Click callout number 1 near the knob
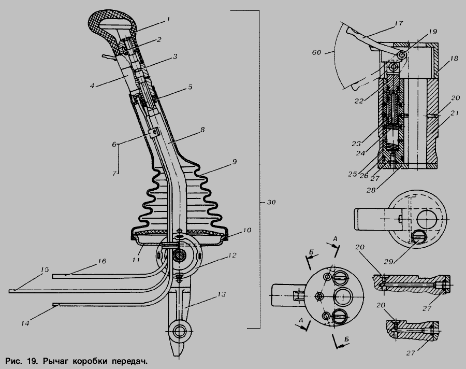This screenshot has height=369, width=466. pyautogui.click(x=168, y=20)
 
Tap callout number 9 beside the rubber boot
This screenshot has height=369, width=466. pyautogui.click(x=235, y=162)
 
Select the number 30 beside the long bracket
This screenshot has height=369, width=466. pyautogui.click(x=271, y=202)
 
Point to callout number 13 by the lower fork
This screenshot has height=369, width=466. pyautogui.click(x=222, y=294)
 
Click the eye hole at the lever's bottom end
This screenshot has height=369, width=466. pyautogui.click(x=179, y=330)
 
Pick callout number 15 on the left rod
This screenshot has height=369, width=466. pyautogui.click(x=45, y=269)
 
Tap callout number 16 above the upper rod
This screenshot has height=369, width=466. pyautogui.click(x=101, y=261)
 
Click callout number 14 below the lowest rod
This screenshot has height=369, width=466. pyautogui.click(x=25, y=323)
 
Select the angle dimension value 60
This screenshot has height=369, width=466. pyautogui.click(x=316, y=52)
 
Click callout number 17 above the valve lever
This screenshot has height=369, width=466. pyautogui.click(x=399, y=23)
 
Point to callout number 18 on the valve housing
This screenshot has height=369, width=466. pyautogui.click(x=454, y=59)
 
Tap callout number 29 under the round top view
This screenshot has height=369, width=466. pyautogui.click(x=388, y=262)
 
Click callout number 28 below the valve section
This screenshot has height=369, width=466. pyautogui.click(x=371, y=190)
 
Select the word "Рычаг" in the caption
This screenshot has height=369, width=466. pyautogui.click(x=56, y=362)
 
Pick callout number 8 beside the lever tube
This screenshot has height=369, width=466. pyautogui.click(x=202, y=130)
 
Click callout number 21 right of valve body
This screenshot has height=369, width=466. pyautogui.click(x=455, y=113)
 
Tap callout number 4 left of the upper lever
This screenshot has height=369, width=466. pyautogui.click(x=92, y=86)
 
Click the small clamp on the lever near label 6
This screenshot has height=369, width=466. pyautogui.click(x=154, y=133)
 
